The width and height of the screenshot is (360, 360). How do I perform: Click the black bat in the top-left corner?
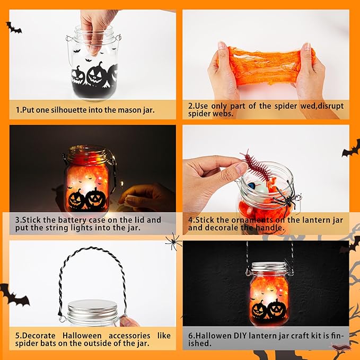pyautogui.click(x=13, y=27)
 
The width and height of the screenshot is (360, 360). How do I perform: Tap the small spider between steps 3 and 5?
pyautogui.click(x=173, y=243)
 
